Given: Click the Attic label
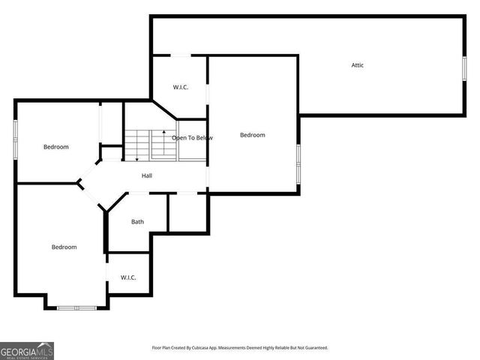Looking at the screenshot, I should tap(358, 65).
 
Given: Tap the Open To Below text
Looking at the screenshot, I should tap(193, 138).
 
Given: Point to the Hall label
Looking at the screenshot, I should tap(148, 175).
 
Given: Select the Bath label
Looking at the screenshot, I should tap(137, 221).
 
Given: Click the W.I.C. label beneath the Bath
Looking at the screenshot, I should tap(128, 277).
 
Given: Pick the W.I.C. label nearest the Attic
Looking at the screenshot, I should tap(180, 87).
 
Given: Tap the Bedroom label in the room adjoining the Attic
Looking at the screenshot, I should tap(252, 135).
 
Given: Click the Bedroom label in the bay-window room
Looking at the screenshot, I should tap(64, 247).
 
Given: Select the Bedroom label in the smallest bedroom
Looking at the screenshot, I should tap(55, 147).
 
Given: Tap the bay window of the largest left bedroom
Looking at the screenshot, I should tap(76, 307).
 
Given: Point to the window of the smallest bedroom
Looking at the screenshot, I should tap(16, 139).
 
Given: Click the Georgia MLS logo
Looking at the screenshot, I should tap(27, 350).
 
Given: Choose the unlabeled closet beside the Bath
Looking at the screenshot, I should tap(187, 212).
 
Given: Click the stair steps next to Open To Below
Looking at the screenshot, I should tap(138, 145).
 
